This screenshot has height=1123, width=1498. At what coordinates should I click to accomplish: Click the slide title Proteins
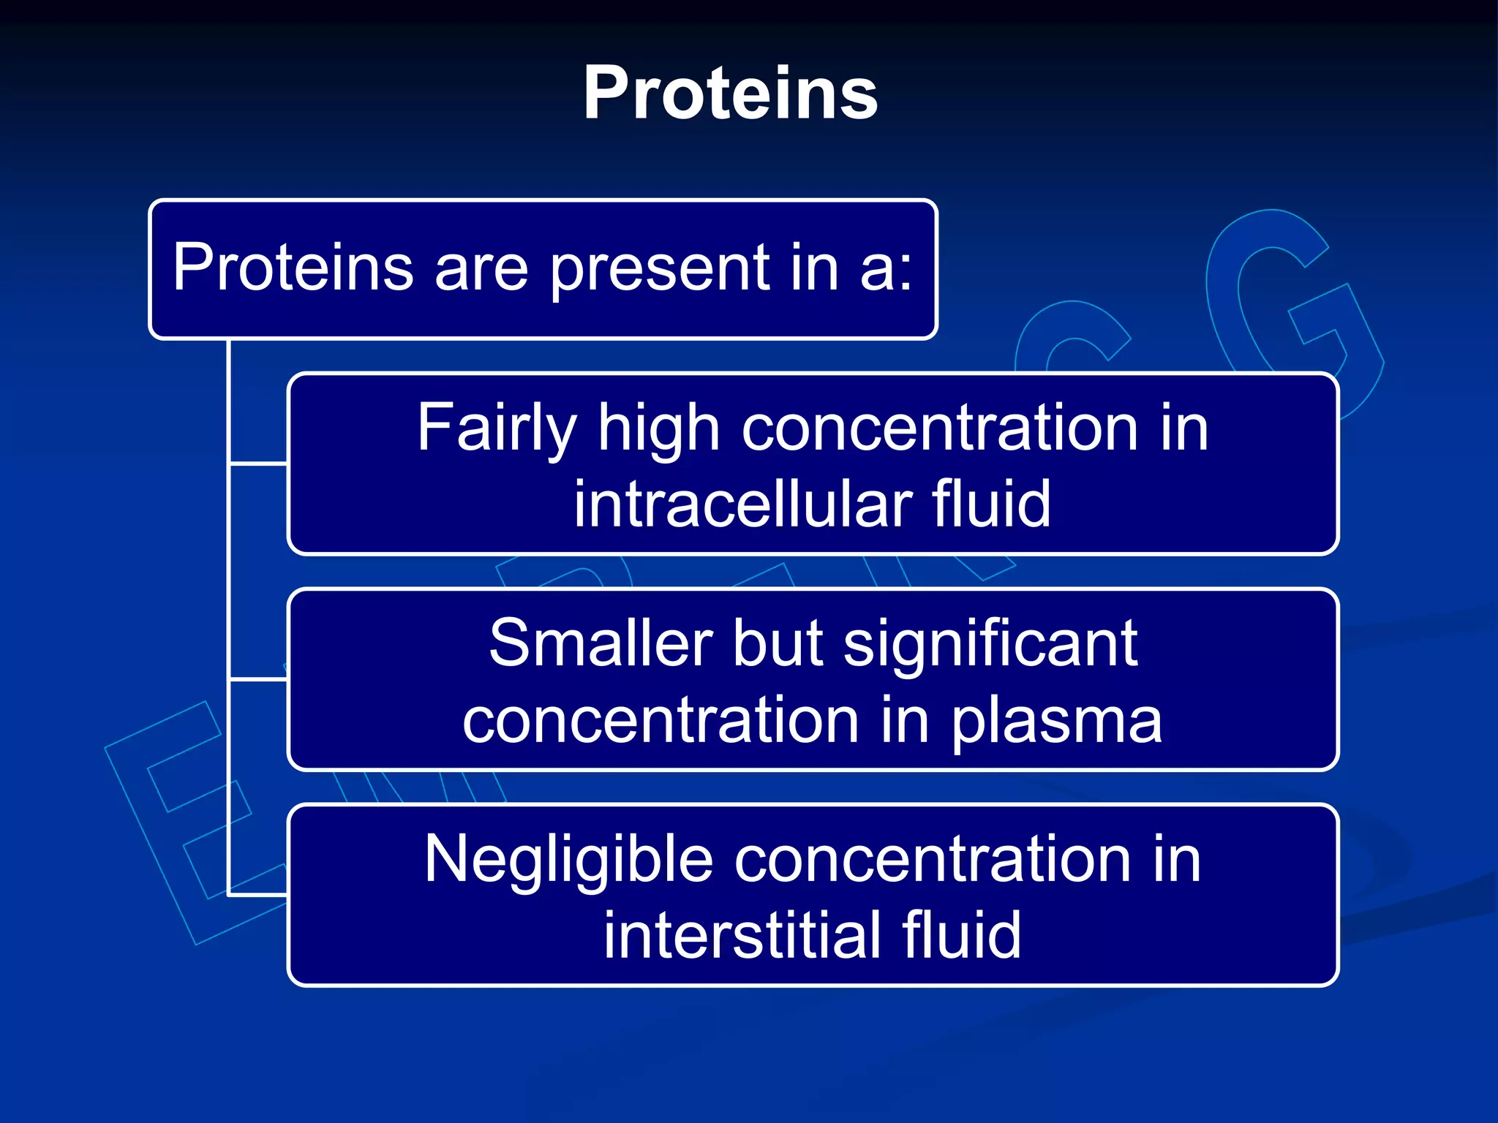tap(730, 93)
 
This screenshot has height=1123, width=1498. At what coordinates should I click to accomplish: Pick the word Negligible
tap(568, 861)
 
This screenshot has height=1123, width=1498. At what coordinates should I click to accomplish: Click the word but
tap(777, 643)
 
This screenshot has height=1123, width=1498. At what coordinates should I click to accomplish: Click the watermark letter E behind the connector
tap(176, 819)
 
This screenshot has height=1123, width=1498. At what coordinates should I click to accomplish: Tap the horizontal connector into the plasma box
tap(259, 679)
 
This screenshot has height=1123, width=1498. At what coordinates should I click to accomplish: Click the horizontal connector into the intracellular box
tap(259, 463)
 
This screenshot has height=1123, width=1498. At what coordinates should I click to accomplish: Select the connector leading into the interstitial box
tap(259, 893)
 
